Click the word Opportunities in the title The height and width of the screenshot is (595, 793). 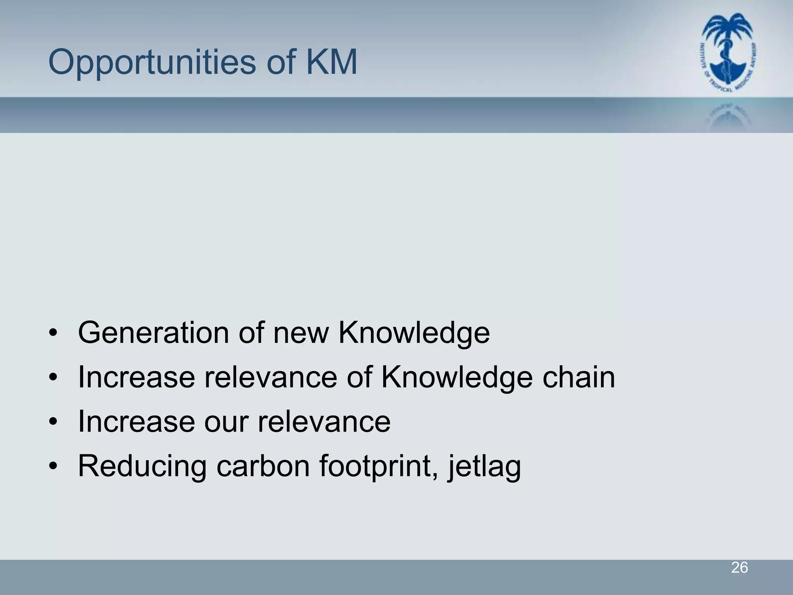pos(152,63)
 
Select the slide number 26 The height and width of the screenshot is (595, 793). pos(739,568)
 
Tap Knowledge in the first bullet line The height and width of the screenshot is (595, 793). pos(414,333)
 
